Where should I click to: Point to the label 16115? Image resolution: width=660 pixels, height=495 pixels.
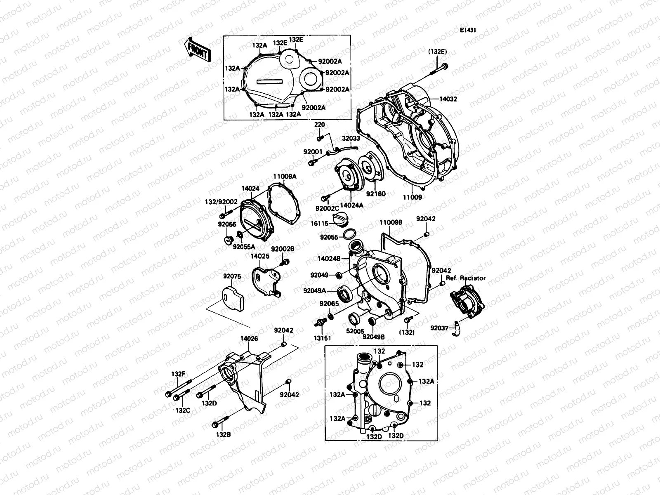point(320,223)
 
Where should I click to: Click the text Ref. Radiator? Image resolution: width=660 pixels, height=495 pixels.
point(465,278)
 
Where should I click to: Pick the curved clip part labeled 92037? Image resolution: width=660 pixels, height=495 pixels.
point(456,328)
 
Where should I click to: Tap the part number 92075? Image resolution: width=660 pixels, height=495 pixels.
point(232,276)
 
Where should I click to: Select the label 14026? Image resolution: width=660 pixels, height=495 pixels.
point(249,339)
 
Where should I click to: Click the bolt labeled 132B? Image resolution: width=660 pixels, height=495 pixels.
point(219,423)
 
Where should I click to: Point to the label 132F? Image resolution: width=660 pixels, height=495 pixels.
point(178,374)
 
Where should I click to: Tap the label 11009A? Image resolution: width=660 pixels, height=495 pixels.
point(285,176)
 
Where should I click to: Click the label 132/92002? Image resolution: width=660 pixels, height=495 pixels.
point(222,202)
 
